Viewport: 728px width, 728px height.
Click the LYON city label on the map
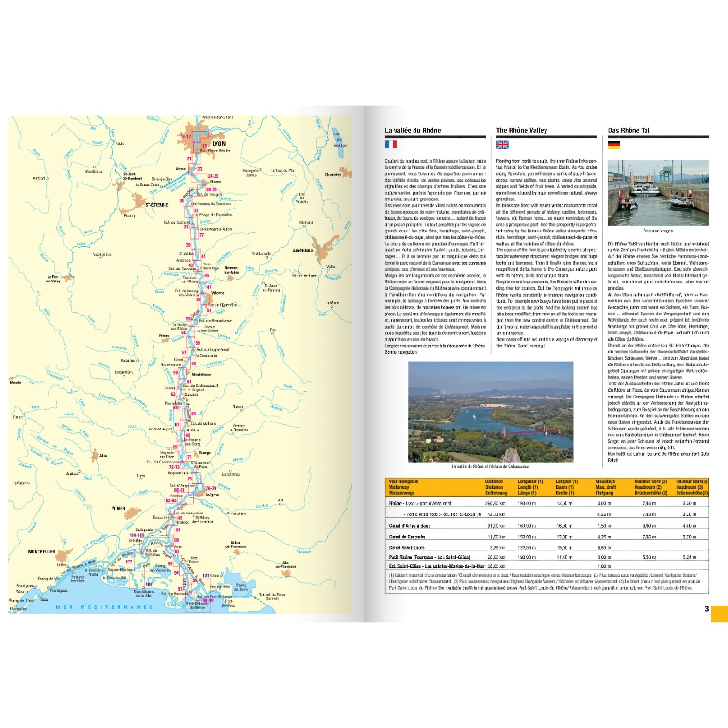point(219,144)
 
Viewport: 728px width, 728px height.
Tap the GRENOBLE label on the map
point(303,250)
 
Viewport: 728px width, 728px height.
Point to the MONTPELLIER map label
point(42,552)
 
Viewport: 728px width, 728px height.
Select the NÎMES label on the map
point(118,509)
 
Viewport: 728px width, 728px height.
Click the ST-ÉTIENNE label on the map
point(156,205)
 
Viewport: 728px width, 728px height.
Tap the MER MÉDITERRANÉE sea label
point(104,607)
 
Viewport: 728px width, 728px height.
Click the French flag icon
point(391,144)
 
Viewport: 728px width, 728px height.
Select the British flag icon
point(502,144)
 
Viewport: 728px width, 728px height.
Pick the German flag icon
point(614,144)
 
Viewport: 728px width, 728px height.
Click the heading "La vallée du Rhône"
point(413,130)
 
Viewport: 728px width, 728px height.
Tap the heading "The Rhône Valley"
point(521,130)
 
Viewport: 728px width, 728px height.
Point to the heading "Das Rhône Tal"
point(629,130)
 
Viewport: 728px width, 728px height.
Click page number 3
point(707,609)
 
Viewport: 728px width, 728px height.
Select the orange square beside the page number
point(719,613)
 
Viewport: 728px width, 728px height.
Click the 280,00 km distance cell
point(496,503)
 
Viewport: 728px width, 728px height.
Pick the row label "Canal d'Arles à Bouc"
point(410,526)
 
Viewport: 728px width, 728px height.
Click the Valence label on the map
point(218,293)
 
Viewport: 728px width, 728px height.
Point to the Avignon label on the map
point(212,495)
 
